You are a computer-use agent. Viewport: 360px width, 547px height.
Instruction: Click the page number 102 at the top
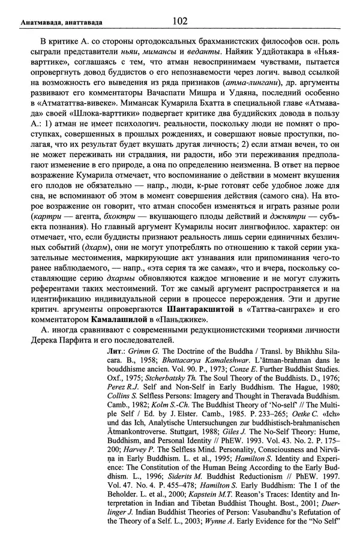pos(180,22)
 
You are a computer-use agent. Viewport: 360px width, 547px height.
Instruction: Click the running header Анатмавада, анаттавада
pos(52,23)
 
